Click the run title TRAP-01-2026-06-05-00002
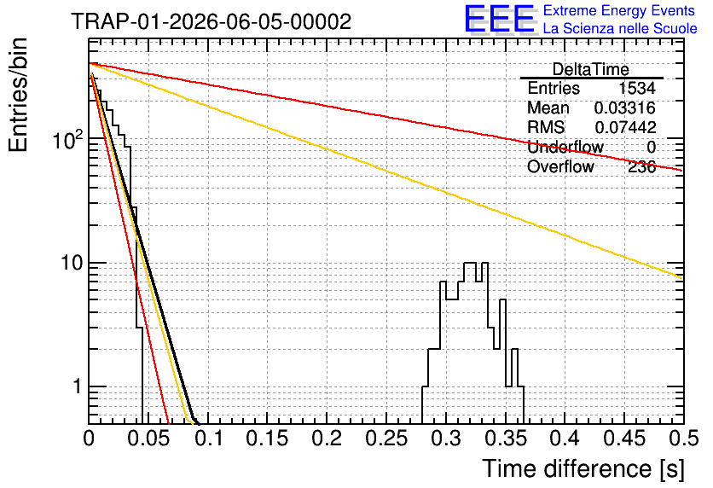[212, 21]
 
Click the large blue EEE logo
[499, 19]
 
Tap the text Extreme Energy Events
[619, 10]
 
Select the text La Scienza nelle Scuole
[620, 28]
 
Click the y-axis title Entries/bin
[18, 95]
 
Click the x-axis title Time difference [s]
[583, 469]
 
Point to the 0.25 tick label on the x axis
[386, 439]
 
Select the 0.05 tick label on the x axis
[148, 439]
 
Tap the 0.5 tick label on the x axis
[683, 439]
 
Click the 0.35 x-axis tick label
[506, 439]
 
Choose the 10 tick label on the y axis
[72, 263]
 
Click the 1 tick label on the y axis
[77, 386]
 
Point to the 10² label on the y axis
[68, 139]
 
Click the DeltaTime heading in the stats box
[591, 70]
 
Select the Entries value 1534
[637, 88]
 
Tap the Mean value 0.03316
[625, 108]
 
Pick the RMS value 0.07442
[626, 127]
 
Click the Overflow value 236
[642, 167]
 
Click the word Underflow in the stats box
[565, 147]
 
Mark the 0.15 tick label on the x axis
[268, 439]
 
